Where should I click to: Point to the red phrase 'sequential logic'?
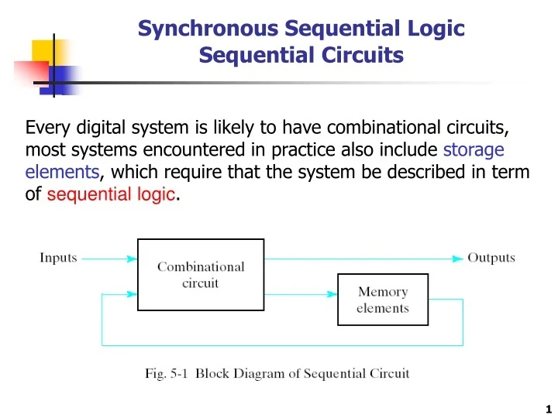tap(111, 195)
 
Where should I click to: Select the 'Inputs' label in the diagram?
tap(59, 258)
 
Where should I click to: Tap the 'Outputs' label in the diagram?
tap(491, 258)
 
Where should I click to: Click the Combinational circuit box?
tap(200, 274)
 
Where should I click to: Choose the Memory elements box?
tap(383, 300)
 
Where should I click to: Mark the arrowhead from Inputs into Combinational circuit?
tap(132, 259)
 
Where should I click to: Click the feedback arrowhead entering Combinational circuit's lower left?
tap(132, 293)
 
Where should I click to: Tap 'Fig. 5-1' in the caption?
tap(167, 373)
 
